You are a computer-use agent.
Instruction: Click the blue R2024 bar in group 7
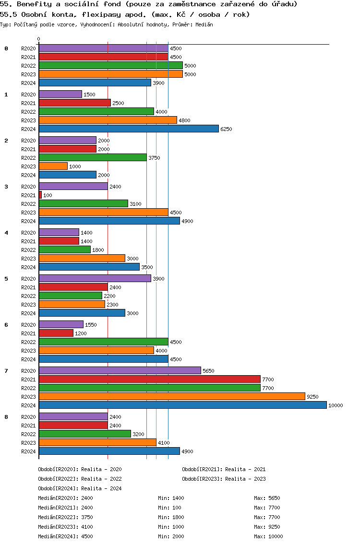point(182,405)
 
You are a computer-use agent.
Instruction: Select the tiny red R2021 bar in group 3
point(40,195)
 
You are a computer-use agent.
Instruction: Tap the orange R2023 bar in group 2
point(53,166)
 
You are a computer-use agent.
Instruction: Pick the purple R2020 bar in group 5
point(95,278)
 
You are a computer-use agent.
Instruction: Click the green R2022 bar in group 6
point(103,342)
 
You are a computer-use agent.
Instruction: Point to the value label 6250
point(226,129)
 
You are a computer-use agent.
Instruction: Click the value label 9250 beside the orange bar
point(312,397)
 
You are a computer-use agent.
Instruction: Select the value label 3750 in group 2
point(154,158)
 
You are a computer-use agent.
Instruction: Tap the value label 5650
point(208,371)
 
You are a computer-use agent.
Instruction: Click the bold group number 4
point(6,233)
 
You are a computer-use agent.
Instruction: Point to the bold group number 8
point(6,417)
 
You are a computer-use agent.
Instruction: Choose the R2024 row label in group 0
point(28,83)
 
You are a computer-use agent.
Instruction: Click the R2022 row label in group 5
point(28,296)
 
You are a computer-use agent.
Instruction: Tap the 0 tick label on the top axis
point(39,39)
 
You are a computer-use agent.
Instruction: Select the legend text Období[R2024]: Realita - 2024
point(80,488)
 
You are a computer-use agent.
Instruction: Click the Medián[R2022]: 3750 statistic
point(65,517)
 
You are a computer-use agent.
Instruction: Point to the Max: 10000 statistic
point(268,536)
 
